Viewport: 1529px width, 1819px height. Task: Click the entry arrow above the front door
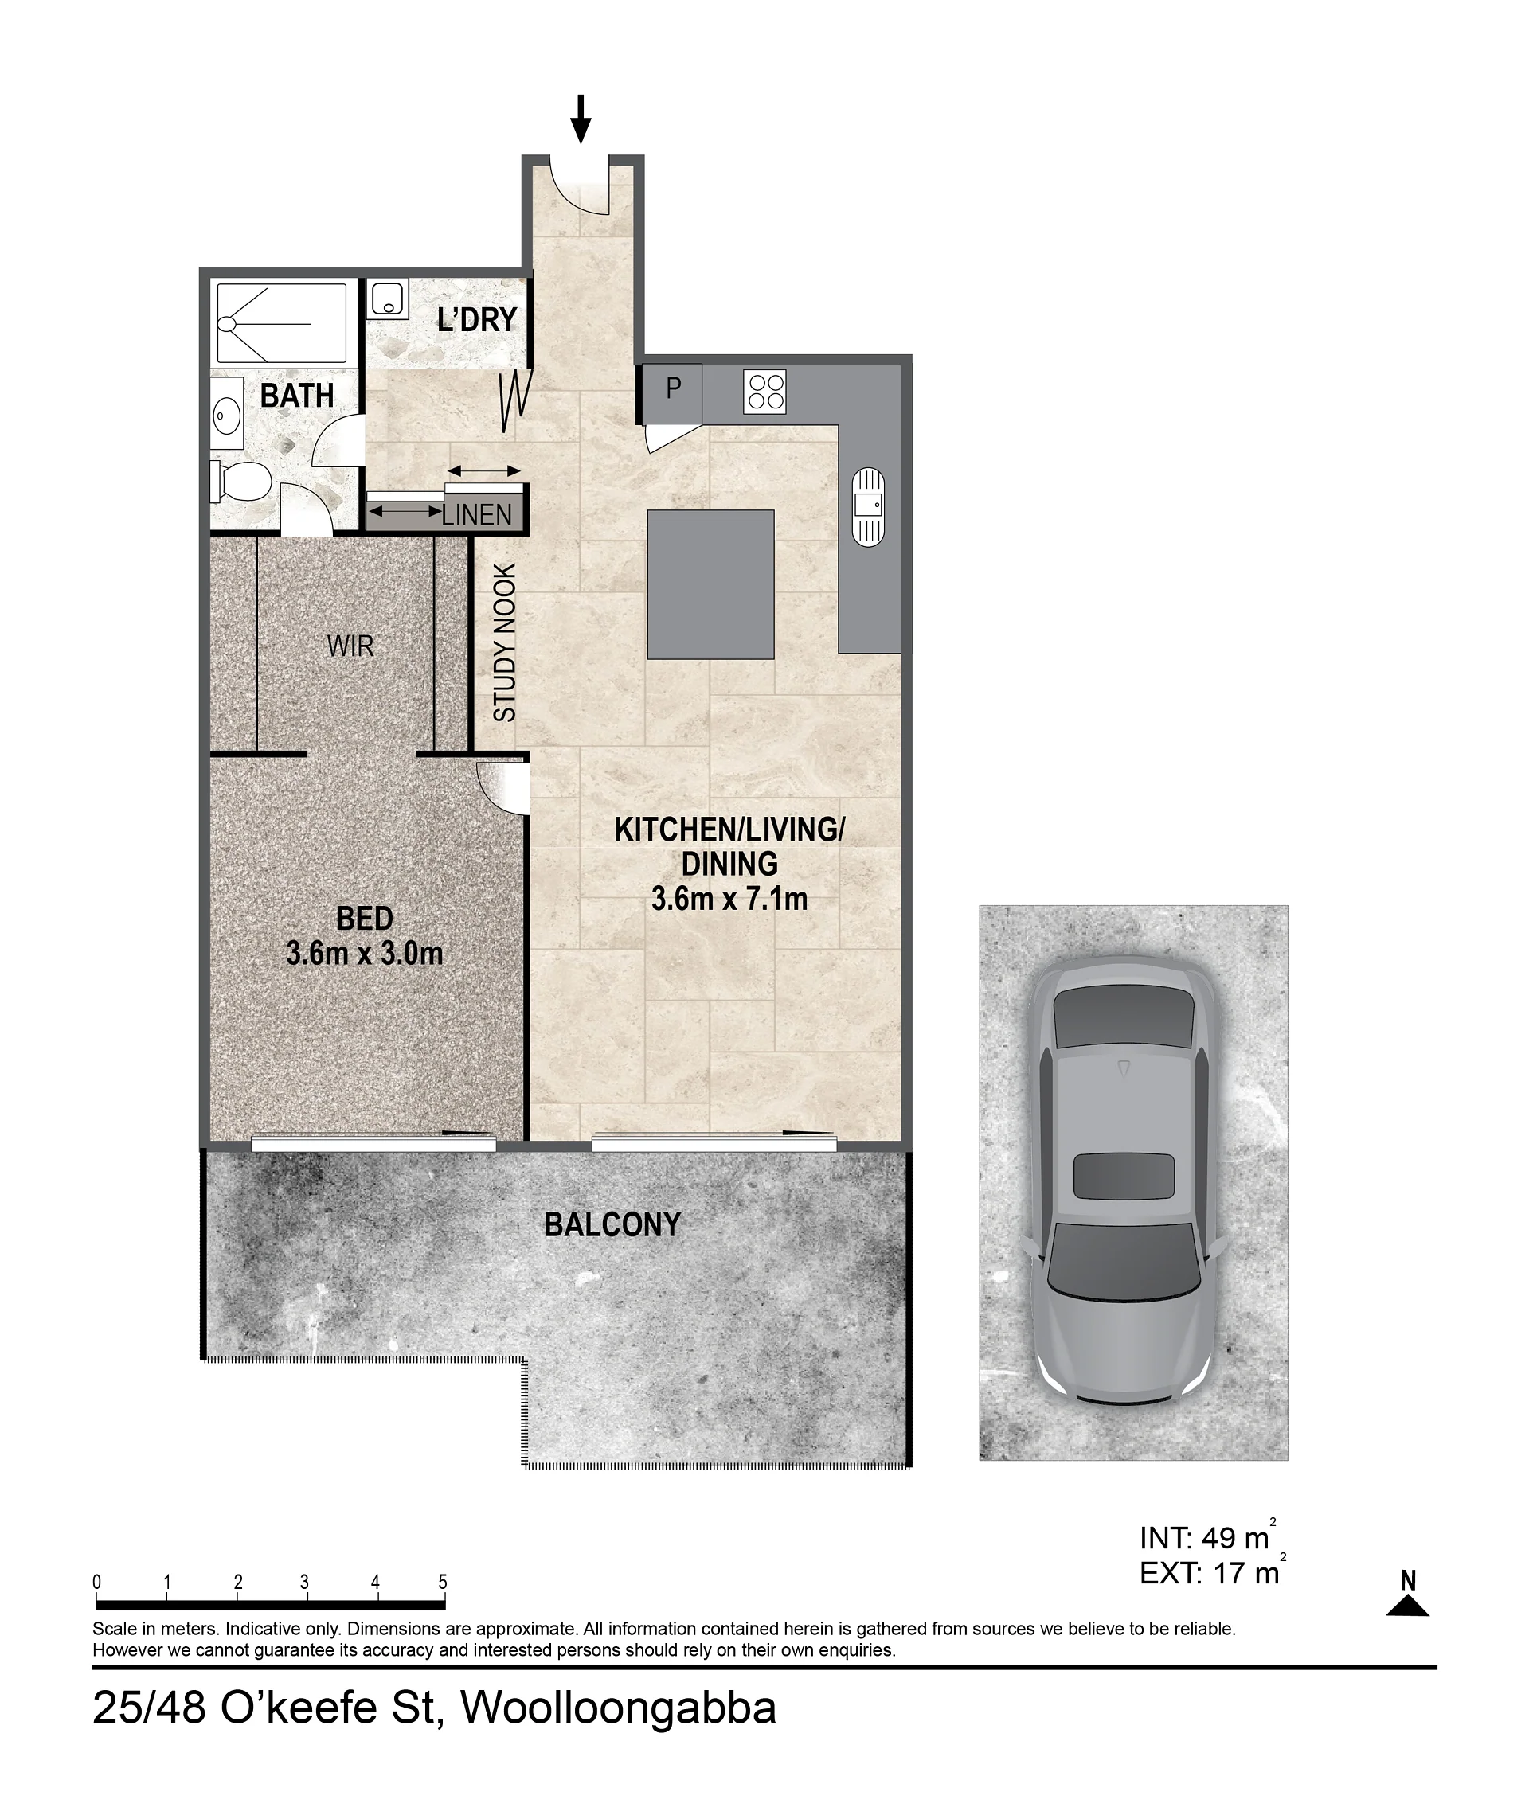(581, 119)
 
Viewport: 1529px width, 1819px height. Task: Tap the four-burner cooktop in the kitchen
(764, 392)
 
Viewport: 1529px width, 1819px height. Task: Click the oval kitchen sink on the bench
(869, 507)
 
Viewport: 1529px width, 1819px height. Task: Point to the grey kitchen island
(711, 584)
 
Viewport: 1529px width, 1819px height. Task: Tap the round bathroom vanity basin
(226, 417)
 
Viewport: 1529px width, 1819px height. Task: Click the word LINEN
(477, 515)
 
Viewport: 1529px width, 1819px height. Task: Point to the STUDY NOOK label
(504, 642)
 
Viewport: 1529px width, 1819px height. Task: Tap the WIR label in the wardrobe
(350, 646)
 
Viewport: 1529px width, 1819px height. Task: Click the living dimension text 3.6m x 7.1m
(729, 899)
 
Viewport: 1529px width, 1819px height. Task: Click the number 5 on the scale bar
(443, 1583)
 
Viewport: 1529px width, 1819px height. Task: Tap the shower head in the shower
(227, 324)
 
